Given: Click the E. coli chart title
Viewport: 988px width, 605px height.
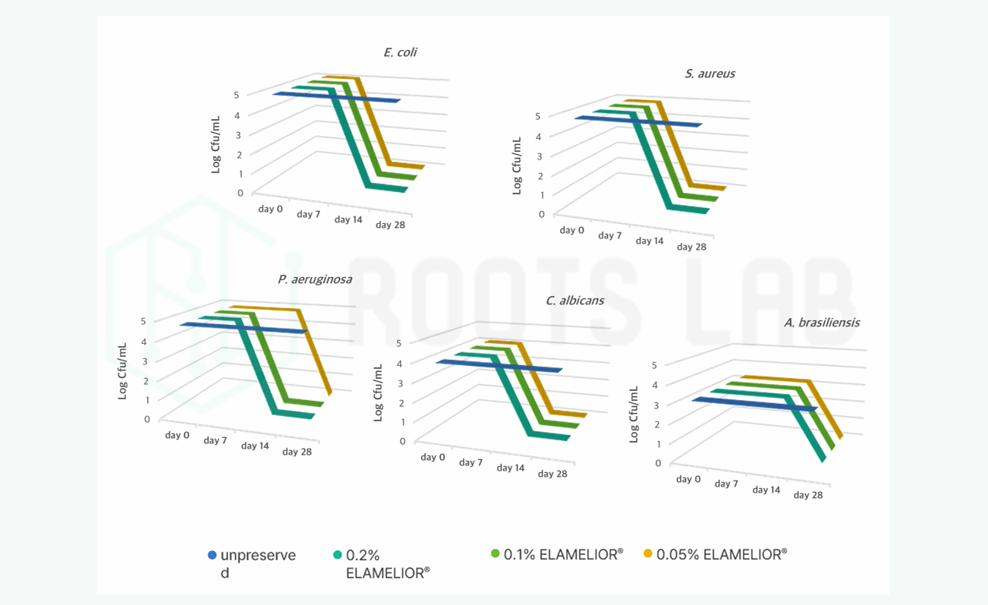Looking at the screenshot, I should [x=400, y=52].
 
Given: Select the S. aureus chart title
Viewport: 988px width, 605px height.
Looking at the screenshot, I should [x=710, y=74].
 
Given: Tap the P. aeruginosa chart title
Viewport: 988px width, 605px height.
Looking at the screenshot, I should [x=314, y=279].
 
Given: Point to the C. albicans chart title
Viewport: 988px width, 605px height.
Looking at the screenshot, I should [x=574, y=300].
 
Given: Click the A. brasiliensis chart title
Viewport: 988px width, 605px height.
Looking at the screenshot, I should [x=822, y=322].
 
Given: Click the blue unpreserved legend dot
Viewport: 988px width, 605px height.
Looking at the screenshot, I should [x=212, y=555].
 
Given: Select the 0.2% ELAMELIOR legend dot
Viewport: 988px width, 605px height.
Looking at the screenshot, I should [x=338, y=555].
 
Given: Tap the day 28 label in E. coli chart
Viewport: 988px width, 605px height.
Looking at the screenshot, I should [x=390, y=225].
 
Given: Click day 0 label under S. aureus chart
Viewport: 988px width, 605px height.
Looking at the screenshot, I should [x=571, y=229].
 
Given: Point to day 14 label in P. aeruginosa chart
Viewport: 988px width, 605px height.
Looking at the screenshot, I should [x=255, y=446].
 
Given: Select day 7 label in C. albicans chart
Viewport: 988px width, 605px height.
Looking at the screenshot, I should [x=470, y=462].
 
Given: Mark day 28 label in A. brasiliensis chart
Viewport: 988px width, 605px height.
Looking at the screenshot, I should [x=807, y=495].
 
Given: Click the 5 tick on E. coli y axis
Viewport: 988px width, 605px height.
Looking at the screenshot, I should [x=237, y=95].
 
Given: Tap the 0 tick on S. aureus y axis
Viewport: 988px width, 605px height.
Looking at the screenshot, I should [x=541, y=214].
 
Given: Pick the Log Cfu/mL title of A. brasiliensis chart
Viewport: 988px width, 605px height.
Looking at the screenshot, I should [x=634, y=414].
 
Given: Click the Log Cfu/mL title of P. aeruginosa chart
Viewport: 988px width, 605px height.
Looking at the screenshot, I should [x=121, y=371].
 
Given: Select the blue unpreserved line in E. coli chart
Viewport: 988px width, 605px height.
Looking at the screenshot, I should [x=337, y=97].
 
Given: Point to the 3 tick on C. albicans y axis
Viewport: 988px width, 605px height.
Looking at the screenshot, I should [x=402, y=383].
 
